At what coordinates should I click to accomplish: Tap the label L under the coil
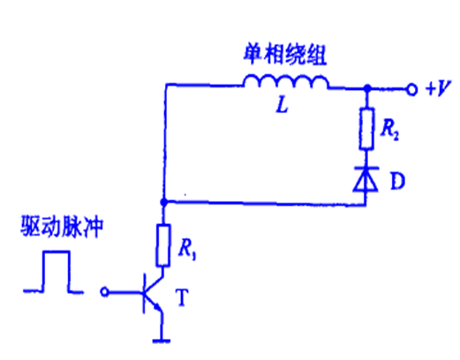pos(283,105)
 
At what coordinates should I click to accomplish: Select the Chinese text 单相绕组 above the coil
pos(285,56)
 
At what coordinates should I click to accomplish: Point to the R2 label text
pos(390,131)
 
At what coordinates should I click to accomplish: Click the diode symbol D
pos(366,179)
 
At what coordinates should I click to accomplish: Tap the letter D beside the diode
pos(397,181)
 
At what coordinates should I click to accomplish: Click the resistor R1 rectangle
pos(162,245)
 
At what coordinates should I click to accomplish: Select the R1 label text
pos(187,250)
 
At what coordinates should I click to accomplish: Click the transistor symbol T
pos(152,294)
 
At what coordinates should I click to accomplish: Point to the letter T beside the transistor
pos(182,297)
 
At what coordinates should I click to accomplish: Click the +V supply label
pos(439,87)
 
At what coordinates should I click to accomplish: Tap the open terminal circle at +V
pos(412,89)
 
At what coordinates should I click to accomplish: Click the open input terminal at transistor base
pos(104,292)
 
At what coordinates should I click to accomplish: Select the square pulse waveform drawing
pos(54,272)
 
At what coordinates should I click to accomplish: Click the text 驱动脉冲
pos(62,227)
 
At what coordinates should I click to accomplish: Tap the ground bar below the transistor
pos(162,341)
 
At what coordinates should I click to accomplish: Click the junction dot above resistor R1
pos(163,202)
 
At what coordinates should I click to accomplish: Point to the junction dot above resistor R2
pos(367,87)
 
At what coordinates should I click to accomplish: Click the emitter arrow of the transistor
pos(158,307)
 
